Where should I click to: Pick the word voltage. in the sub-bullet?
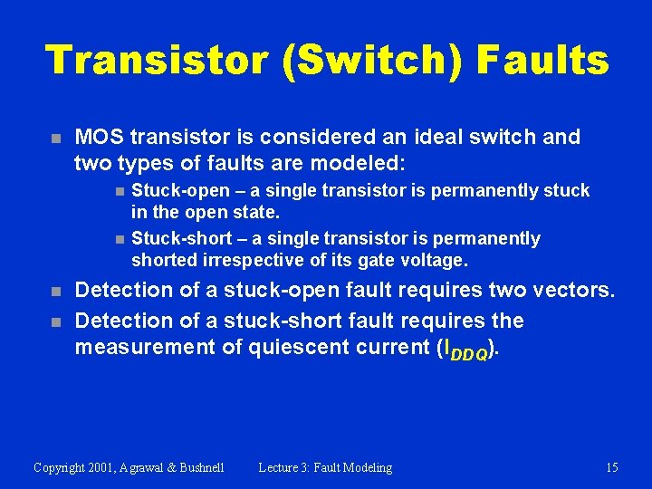click(434, 261)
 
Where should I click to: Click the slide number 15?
click(612, 468)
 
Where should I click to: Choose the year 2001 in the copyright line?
click(108, 468)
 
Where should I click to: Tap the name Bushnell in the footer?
click(196, 468)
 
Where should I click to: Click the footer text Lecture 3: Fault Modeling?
click(325, 468)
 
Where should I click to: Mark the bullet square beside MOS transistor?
click(55, 139)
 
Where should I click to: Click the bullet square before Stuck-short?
click(119, 240)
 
